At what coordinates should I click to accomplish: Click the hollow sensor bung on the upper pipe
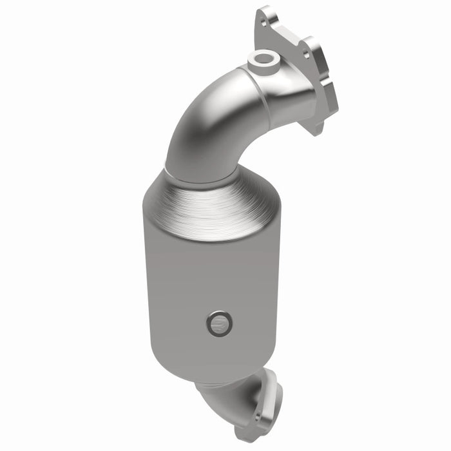(x=263, y=59)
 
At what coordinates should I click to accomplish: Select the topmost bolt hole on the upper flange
(x=263, y=23)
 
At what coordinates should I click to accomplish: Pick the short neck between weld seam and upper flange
(x=290, y=97)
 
